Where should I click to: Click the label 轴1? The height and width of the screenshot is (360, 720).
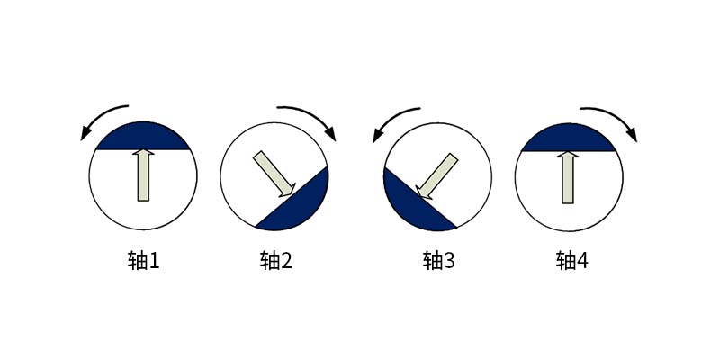[x=143, y=261]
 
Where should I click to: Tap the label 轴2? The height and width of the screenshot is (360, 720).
[x=276, y=261]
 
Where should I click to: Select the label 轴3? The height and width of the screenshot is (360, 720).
[x=438, y=261]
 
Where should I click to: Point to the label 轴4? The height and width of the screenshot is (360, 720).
[x=571, y=261]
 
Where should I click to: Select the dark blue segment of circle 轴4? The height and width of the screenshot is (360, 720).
[x=569, y=139]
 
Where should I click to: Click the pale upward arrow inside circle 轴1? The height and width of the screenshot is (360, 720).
[x=144, y=175]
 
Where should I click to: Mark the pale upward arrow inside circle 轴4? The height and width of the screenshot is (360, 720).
[x=568, y=177]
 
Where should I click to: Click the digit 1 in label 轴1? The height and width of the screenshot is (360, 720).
[x=154, y=261]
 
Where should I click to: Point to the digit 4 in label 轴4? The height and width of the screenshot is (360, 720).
[x=582, y=261]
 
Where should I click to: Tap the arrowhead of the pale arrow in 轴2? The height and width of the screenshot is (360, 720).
[x=288, y=191]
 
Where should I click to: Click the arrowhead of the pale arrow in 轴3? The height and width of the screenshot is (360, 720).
[x=423, y=193]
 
